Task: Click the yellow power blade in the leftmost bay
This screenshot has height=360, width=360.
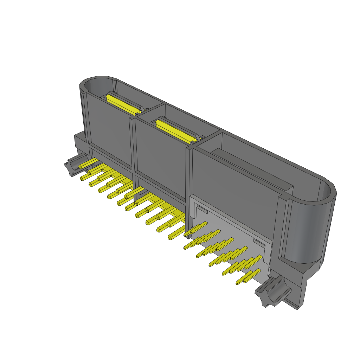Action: pos(121,103)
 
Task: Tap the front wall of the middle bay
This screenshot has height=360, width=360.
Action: pos(160,155)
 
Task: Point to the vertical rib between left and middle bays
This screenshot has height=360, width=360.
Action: pos(133,148)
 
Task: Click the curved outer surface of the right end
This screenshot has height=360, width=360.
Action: pos(306,232)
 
